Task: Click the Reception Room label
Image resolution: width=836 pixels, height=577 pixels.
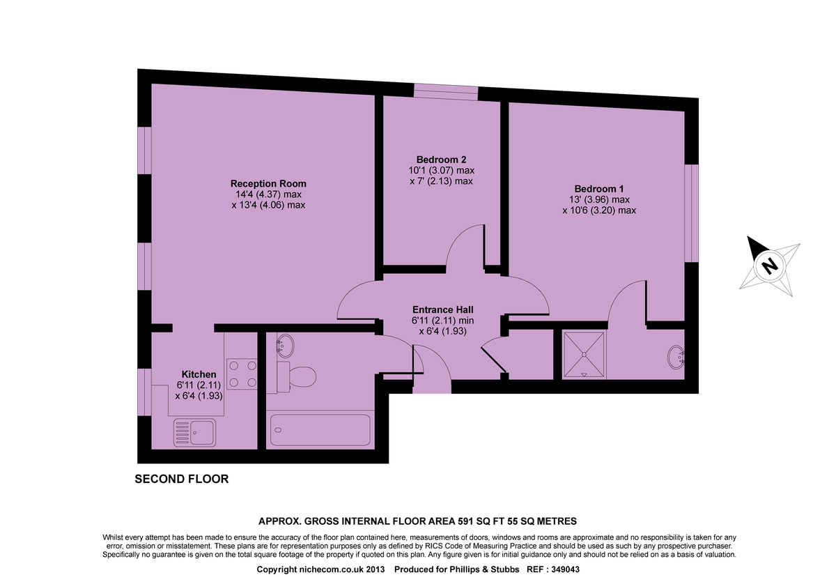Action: tap(268, 183)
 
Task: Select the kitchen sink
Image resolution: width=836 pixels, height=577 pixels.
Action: tap(195, 433)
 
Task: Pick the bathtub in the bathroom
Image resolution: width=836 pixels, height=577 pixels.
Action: tap(320, 430)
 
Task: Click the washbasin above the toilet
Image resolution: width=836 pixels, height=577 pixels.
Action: tap(286, 344)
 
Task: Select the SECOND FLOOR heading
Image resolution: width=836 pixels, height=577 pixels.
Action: tap(181, 479)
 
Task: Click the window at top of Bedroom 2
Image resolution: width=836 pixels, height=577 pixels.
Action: tap(446, 92)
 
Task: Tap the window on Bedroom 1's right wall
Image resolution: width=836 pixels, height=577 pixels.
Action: tap(691, 213)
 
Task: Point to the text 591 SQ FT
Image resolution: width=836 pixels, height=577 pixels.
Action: tap(483, 521)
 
